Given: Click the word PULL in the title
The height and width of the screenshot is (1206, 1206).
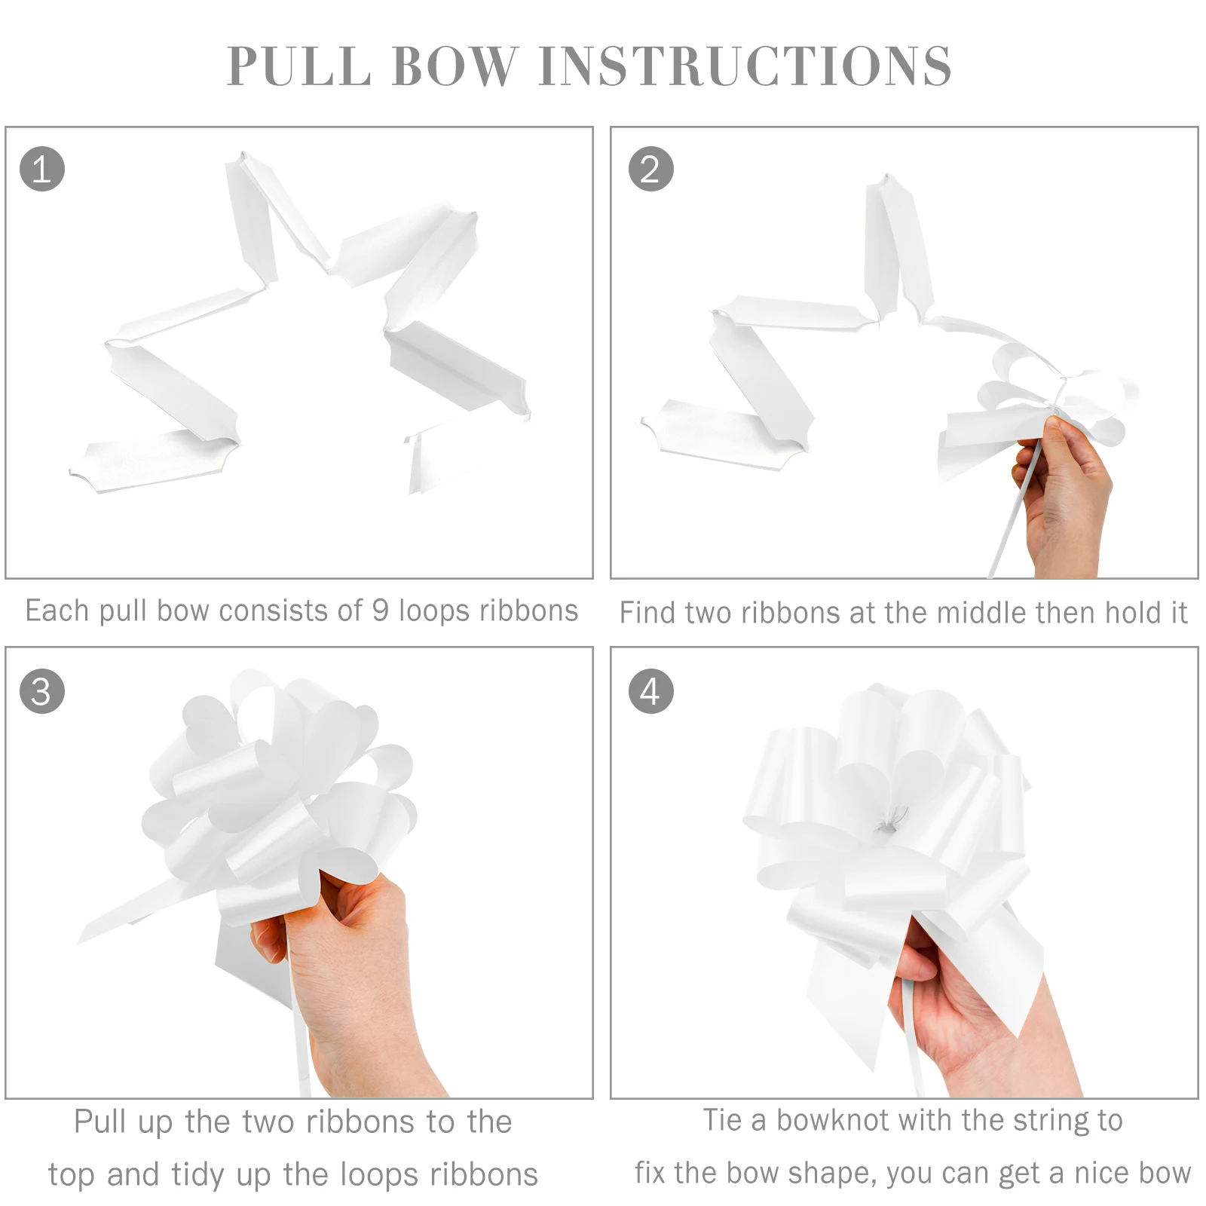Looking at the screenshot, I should coord(298,66).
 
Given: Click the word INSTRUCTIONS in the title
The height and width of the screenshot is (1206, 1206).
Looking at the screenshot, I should coord(745,66).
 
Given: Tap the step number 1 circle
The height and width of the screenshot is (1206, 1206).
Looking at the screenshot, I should coord(42,169).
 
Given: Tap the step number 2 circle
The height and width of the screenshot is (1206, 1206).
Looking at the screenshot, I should coord(650,169).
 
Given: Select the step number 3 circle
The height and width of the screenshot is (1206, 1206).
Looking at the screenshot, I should coord(42,692).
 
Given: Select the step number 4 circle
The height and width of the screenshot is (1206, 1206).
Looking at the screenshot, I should coord(650,692).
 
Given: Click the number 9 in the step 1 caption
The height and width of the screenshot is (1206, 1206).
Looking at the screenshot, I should coord(381,611).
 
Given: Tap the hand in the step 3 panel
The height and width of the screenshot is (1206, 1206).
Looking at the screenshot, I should coord(354,972).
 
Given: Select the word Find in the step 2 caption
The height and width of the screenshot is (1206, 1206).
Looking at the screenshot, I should coord(648,613).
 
